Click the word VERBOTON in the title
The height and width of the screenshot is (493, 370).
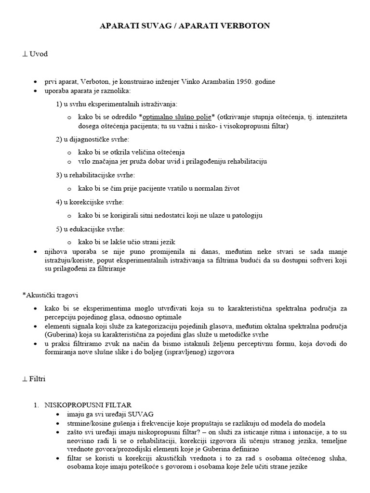247,26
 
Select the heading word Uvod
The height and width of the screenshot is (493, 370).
39,54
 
